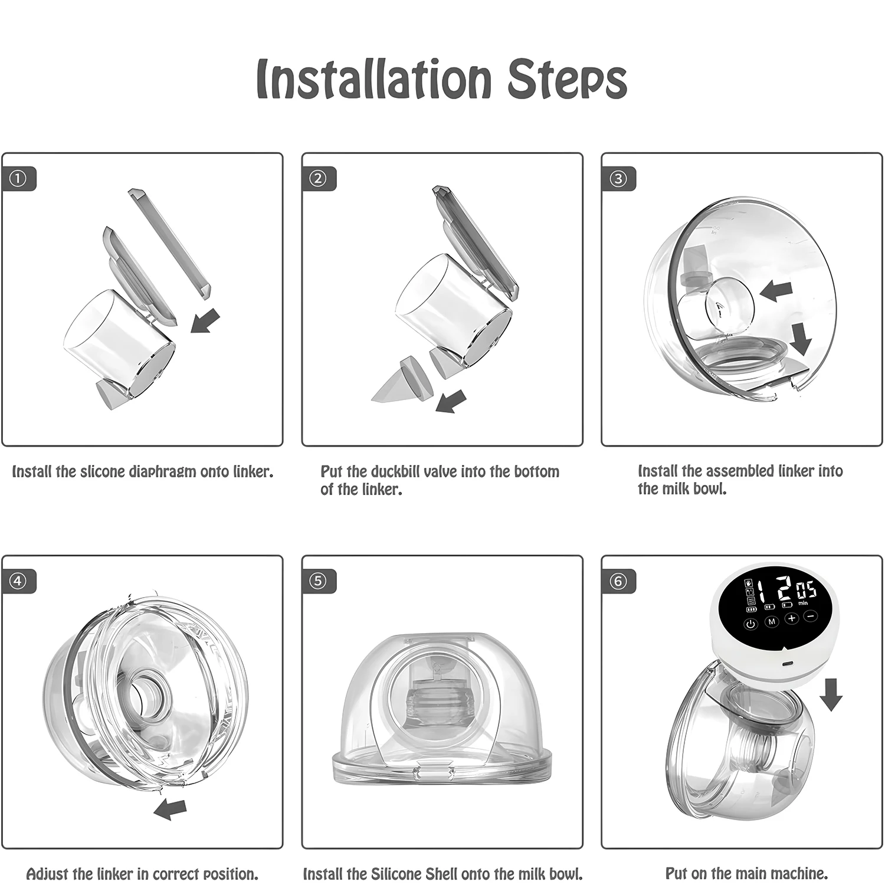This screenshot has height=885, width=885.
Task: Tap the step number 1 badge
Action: [19, 178]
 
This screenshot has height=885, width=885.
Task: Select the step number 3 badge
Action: [618, 178]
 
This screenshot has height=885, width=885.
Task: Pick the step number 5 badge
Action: [318, 581]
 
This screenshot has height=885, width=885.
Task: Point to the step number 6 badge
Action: [618, 581]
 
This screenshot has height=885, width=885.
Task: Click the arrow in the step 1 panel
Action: [205, 321]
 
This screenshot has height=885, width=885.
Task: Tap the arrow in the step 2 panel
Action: [451, 402]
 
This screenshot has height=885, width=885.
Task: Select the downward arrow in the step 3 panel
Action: [801, 340]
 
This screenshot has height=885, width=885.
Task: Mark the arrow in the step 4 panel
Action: [170, 809]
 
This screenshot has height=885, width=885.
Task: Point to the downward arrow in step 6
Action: [831, 694]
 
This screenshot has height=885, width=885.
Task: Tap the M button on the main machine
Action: [772, 622]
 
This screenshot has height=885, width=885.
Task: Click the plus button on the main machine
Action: [791, 618]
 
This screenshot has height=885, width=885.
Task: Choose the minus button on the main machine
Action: [810, 616]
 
